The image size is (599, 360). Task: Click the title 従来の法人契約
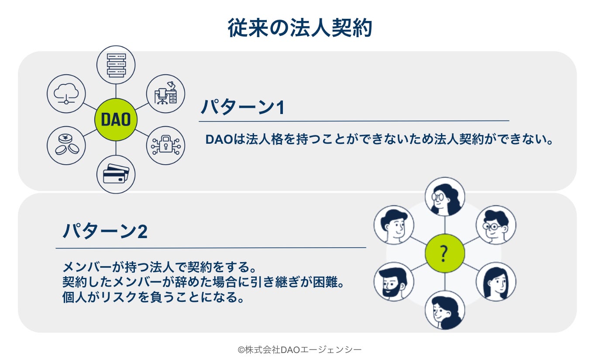pyautogui.click(x=299, y=28)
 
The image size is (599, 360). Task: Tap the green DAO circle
pyautogui.click(x=116, y=119)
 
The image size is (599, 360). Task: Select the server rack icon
pyautogui.click(x=116, y=65)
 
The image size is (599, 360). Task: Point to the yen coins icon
pyautogui.click(x=66, y=145)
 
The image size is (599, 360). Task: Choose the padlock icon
pyautogui.click(x=166, y=145)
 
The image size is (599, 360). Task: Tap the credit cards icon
pyautogui.click(x=116, y=174)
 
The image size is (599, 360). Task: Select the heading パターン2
pyautogui.click(x=105, y=232)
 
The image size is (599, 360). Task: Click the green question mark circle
pyautogui.click(x=444, y=253)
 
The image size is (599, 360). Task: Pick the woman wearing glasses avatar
pyautogui.click(x=444, y=197)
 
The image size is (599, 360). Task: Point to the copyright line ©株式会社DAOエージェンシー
pyautogui.click(x=299, y=350)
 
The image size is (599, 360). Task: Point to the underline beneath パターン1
pyautogui.click(x=354, y=121)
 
